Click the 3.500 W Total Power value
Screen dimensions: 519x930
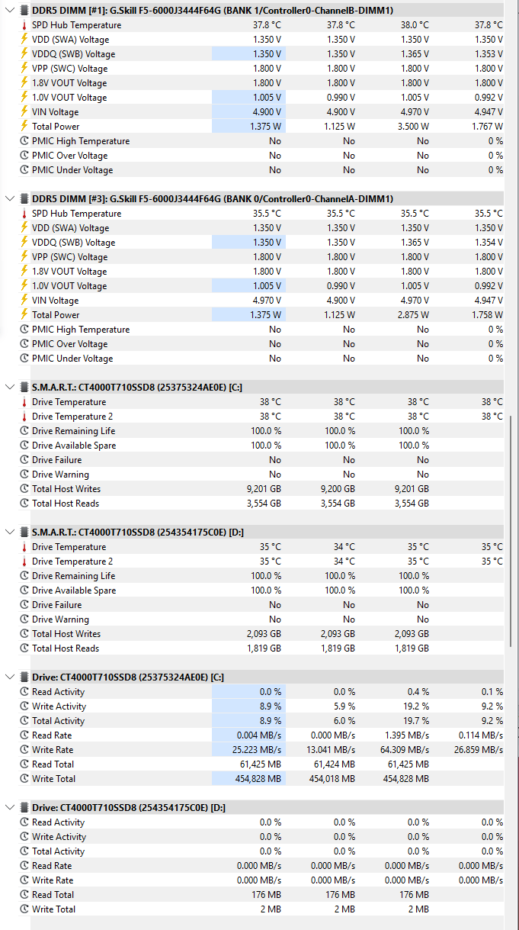point(413,126)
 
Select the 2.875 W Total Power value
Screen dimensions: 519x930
point(413,315)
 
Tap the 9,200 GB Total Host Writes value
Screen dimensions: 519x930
point(338,489)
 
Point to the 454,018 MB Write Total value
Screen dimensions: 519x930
point(332,778)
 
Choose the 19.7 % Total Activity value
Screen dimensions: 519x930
point(418,720)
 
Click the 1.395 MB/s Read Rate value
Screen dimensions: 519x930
point(407,735)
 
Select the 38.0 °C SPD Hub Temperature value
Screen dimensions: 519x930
point(415,25)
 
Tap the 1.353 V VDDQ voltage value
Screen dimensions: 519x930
point(489,54)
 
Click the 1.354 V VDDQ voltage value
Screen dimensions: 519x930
point(489,243)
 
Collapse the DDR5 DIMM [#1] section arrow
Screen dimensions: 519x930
point(10,10)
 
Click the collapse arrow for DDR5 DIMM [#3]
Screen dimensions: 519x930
point(10,198)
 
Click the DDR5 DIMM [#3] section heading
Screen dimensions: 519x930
point(213,199)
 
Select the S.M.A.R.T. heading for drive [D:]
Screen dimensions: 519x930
point(138,533)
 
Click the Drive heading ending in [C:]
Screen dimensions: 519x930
point(128,677)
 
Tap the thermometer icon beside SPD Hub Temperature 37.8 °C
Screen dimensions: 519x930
point(24,25)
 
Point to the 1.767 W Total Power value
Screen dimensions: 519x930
point(487,126)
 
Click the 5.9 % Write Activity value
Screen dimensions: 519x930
point(344,706)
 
